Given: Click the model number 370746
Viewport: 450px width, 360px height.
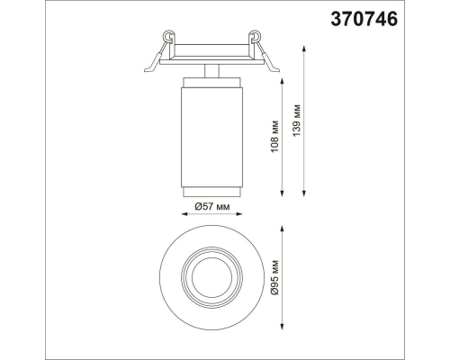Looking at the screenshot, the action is coord(364,19).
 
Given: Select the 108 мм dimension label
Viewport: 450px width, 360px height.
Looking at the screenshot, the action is coord(275,137).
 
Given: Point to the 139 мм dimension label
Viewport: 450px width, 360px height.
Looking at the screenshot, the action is coord(297,121).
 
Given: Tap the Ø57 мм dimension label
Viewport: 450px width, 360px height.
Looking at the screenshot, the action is coord(212,206).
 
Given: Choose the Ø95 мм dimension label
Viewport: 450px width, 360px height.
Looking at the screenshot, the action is coord(275,277).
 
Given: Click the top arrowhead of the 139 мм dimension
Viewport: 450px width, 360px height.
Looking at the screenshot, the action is coord(304,49).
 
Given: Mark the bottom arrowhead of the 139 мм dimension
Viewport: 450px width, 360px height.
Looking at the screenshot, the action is coord(304,193).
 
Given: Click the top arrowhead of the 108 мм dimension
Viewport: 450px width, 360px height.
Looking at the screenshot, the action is coord(282,82).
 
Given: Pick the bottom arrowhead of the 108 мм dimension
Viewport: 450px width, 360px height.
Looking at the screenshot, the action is coord(282,193).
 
